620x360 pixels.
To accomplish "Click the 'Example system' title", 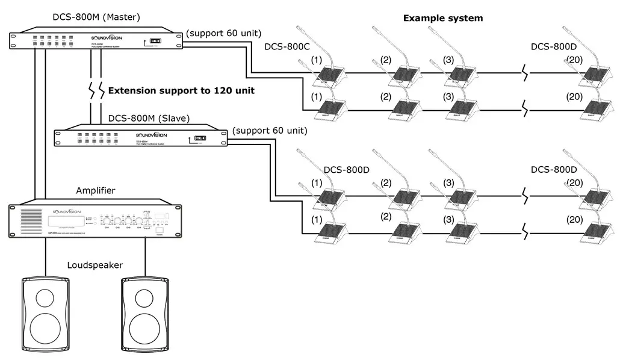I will (442, 18).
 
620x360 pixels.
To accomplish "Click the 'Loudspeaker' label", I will (95, 265).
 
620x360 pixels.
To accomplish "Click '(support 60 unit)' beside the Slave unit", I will (269, 129).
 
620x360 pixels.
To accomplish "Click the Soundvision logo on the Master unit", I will (106, 36).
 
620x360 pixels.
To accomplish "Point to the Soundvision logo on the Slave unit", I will (150, 135).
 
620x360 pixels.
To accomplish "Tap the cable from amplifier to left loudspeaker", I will (46, 256).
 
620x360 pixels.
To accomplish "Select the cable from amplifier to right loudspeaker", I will (145, 256).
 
